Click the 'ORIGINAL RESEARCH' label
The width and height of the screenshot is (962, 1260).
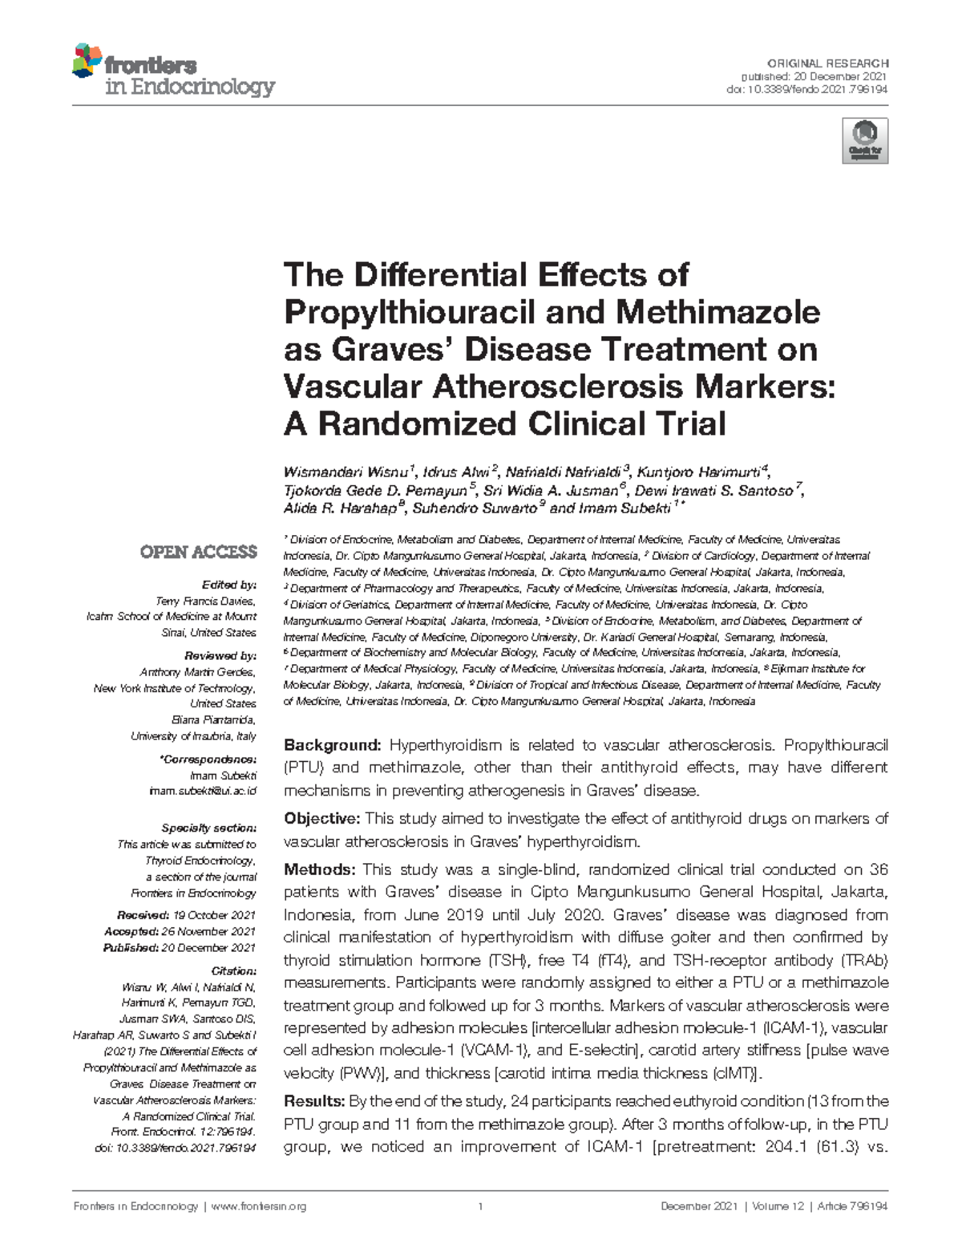coord(827,63)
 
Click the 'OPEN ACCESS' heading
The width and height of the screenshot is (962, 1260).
coord(198,552)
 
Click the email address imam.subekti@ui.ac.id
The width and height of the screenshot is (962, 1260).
coord(203,791)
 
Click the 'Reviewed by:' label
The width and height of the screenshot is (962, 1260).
coord(220,655)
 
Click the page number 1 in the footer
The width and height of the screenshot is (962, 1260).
coord(481,1206)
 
